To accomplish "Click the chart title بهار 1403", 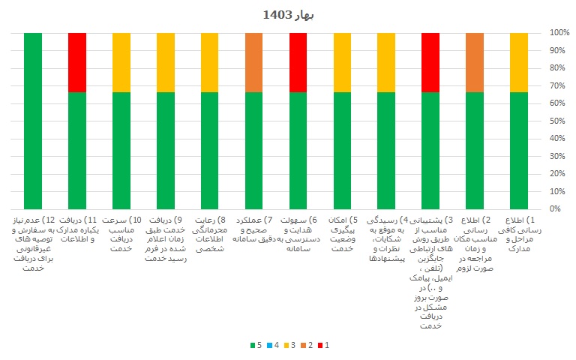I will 288,14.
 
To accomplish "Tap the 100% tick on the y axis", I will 559,33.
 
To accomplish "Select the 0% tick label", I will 559,209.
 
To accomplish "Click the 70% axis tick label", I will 559,85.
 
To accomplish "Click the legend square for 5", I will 252,346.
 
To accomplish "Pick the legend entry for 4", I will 274,346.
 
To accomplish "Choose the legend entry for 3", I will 295,346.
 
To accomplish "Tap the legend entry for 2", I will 317,346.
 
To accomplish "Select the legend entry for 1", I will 339,346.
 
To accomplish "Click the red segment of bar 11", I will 77,62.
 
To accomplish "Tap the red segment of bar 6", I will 298,62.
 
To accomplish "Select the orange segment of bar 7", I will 254,62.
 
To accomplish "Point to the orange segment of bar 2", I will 475,62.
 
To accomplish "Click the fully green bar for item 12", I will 33,121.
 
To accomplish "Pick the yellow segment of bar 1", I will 519,62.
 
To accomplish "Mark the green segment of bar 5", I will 343,150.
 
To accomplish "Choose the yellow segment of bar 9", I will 166,62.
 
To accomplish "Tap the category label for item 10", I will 121,233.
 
